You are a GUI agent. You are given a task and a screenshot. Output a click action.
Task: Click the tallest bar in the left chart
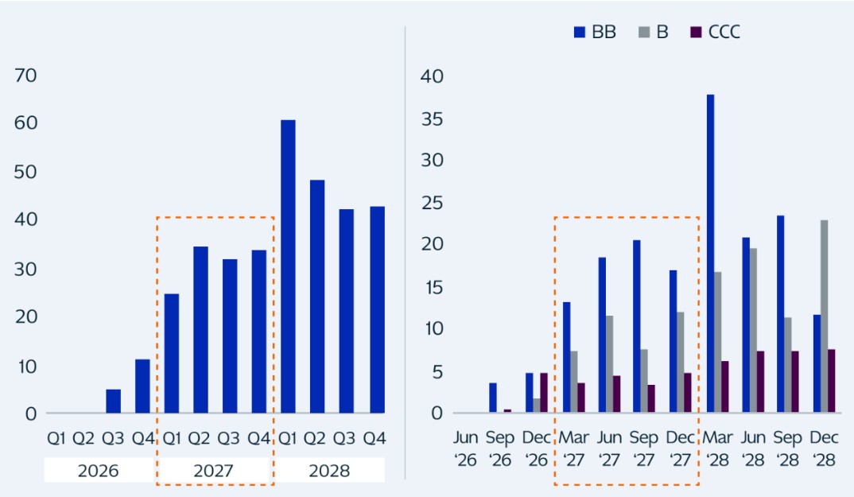[x=288, y=266]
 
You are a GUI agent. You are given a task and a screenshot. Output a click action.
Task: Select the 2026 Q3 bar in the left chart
[x=113, y=402]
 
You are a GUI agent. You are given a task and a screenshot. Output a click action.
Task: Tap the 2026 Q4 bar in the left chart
[x=142, y=386]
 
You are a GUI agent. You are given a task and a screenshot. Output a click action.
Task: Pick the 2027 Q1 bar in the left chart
[x=172, y=354]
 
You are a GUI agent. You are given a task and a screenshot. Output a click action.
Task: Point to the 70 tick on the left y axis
[x=26, y=76]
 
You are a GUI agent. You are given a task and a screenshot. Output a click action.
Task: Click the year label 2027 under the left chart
[x=213, y=471]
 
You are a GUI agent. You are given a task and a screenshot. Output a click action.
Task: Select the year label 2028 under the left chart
[x=329, y=471]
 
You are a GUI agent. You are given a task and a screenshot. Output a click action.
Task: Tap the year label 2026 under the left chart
[x=98, y=471]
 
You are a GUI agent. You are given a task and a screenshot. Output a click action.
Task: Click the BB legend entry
[x=595, y=33]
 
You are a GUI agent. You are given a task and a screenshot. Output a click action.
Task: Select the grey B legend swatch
[x=644, y=33]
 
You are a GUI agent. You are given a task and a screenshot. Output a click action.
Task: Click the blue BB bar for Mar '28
[x=710, y=254]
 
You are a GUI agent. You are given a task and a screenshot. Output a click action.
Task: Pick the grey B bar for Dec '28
[x=824, y=316]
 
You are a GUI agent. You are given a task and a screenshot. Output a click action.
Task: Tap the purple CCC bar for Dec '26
[x=544, y=393]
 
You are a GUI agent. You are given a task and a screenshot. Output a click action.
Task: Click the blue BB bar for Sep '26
[x=493, y=398]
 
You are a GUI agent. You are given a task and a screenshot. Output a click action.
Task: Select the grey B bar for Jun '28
[x=752, y=331]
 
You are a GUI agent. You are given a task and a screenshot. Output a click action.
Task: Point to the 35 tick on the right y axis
[x=433, y=119]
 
